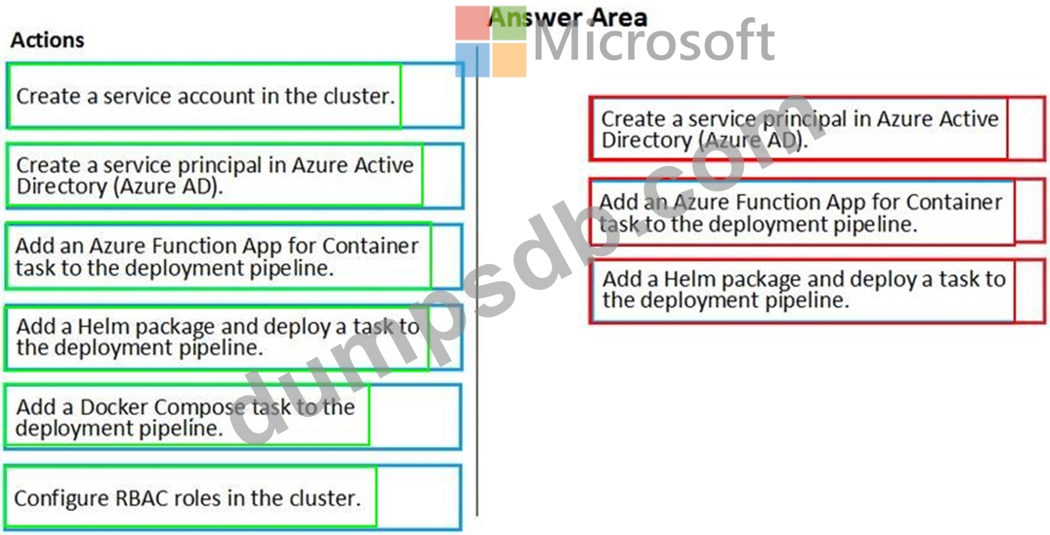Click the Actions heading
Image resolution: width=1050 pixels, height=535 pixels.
47,40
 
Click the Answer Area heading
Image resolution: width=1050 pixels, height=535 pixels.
568,17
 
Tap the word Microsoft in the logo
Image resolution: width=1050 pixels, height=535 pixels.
653,41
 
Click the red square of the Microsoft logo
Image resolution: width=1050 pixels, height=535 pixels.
472,22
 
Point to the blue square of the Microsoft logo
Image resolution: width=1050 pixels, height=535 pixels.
472,60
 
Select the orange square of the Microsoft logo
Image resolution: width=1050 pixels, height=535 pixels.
509,60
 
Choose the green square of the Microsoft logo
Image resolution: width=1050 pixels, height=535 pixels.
509,22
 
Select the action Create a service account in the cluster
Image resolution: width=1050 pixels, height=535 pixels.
204,96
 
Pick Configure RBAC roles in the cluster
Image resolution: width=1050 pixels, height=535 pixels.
188,498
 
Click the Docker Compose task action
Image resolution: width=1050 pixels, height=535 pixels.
186,417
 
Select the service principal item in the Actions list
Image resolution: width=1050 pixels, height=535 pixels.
215,175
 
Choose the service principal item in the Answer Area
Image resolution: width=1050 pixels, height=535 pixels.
799,130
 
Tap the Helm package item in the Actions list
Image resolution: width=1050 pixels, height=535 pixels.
217,337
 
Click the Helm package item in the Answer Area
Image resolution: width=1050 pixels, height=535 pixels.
803,290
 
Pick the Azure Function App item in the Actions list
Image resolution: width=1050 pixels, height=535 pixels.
216,256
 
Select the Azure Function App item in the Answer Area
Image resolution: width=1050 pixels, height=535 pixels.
800,212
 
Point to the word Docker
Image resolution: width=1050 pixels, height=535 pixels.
115,407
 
